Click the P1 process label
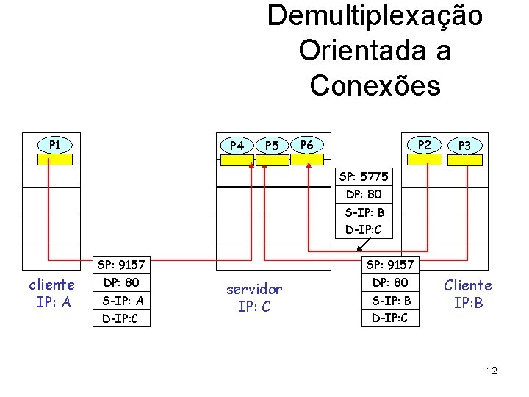tap(55, 144)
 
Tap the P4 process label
tap(237, 145)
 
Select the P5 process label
tap(272, 145)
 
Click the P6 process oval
tap(306, 144)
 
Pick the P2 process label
tap(425, 144)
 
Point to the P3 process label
tap(464, 145)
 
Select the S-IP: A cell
tap(123, 301)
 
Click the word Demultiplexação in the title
tap(375, 16)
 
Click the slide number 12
tap(492, 371)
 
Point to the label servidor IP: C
tap(254, 298)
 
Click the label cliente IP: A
tap(51, 293)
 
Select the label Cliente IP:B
tap(468, 293)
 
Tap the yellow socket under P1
tap(55, 159)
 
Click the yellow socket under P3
tap(464, 160)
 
